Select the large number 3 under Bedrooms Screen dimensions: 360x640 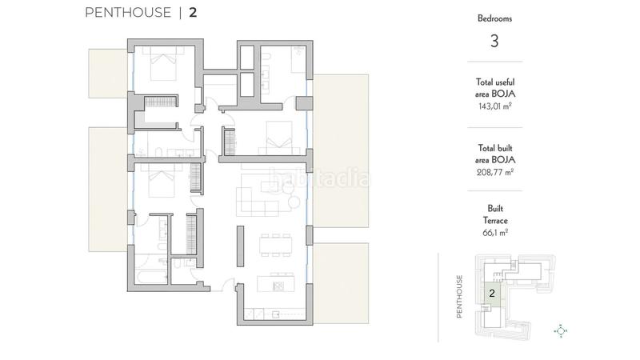pos(494,42)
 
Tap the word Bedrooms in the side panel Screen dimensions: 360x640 pos(494,17)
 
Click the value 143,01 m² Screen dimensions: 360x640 pos(494,104)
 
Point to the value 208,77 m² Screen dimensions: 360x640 pos(494,170)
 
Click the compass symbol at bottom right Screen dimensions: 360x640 pos(561,330)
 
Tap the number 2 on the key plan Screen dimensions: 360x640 pos(492,294)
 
